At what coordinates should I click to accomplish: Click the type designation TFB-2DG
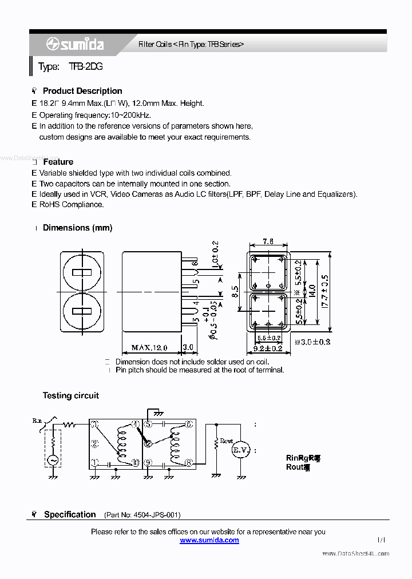86,67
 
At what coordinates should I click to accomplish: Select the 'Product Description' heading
82,91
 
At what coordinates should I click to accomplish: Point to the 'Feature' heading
58,162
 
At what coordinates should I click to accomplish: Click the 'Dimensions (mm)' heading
77,228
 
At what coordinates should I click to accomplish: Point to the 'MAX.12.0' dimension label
149,347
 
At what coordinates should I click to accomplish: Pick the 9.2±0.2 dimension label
268,348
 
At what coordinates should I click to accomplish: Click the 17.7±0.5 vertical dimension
326,291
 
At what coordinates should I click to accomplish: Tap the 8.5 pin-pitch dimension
235,291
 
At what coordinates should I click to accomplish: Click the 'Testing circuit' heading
70,395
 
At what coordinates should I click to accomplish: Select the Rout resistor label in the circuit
227,441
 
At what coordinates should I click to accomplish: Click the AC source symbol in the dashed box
53,459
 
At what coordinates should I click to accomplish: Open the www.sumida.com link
209,540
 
